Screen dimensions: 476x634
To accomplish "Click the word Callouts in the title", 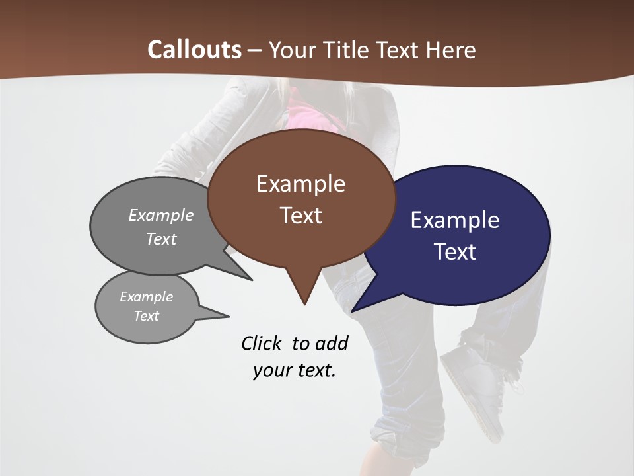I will pyautogui.click(x=194, y=50).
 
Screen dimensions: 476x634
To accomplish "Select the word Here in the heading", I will pyautogui.click(x=451, y=50).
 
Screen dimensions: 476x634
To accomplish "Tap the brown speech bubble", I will pyautogui.click(x=301, y=198).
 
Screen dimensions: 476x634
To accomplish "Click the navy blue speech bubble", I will pyautogui.click(x=462, y=235).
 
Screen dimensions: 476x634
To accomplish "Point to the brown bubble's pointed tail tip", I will pyautogui.click(x=304, y=303).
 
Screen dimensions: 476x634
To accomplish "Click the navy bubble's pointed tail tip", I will pyautogui.click(x=353, y=311).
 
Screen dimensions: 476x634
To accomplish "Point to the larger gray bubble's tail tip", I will pyautogui.click(x=251, y=279).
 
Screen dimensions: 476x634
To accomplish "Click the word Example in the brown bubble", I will pyautogui.click(x=300, y=184).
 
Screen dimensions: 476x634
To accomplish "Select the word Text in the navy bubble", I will pyautogui.click(x=455, y=252).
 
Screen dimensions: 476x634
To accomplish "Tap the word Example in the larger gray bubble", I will pyautogui.click(x=161, y=215).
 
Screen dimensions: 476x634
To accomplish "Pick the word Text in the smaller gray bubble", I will pyautogui.click(x=147, y=316).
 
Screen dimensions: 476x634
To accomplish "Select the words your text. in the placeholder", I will pyautogui.click(x=295, y=370).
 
